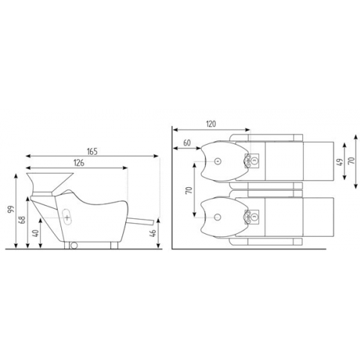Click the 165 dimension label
[92, 152]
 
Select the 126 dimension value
[79, 163]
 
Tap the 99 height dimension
[11, 209]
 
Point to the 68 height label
[22, 220]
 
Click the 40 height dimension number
[35, 233]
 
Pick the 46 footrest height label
[153, 233]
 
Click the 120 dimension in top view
[211, 124]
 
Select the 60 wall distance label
[187, 143]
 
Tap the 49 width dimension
[340, 161]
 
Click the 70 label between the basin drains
[189, 190]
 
